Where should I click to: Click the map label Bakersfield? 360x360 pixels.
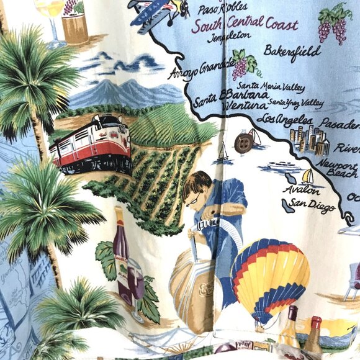tap(292, 50)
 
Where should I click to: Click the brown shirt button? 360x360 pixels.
tap(243, 143)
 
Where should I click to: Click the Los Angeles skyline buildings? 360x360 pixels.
tap(310, 142)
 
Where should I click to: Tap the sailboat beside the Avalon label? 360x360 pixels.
tap(307, 177)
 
